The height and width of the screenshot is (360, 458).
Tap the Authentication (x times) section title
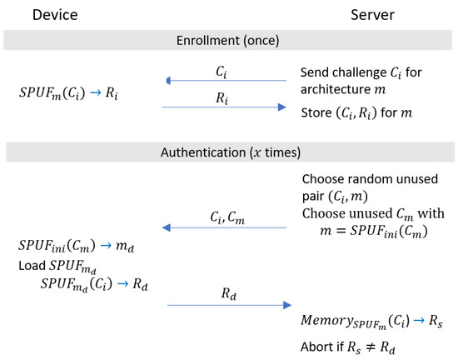click(x=228, y=152)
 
